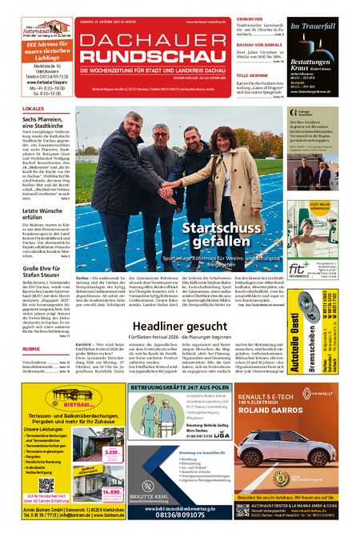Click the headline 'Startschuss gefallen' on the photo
click(x=213, y=236)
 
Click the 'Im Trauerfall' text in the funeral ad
click(x=313, y=26)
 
